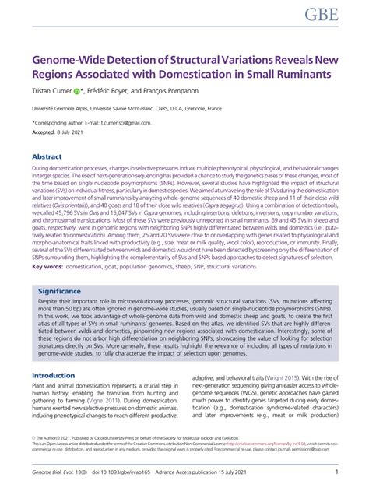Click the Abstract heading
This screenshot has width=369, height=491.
[x=48, y=156]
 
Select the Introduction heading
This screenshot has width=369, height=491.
[x=54, y=375]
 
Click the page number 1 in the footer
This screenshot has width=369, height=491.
[x=336, y=472]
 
